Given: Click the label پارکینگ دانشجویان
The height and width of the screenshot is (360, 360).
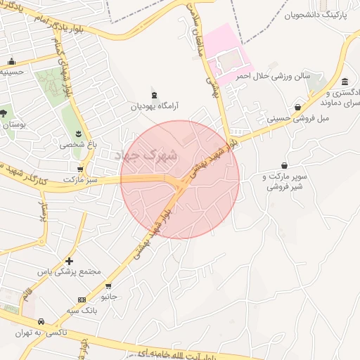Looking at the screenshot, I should tap(316, 14).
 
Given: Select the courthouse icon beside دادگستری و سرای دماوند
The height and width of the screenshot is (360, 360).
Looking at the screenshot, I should tap(345, 82).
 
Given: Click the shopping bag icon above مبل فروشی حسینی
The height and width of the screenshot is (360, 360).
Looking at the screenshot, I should tap(298, 108).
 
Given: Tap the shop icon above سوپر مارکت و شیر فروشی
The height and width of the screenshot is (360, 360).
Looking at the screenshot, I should tap(284, 165).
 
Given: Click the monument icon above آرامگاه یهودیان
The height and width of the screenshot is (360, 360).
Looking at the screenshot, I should tap(154, 96).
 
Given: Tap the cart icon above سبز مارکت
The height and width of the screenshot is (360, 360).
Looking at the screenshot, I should tap(80, 169).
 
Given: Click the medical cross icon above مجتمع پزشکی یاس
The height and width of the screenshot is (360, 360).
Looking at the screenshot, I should tap(68, 261).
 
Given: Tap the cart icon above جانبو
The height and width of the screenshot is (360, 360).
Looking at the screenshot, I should tap(108, 286).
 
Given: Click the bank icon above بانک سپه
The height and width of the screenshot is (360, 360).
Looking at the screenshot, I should tap(82, 299).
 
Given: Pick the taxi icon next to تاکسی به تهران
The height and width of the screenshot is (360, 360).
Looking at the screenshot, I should tap(41, 321).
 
